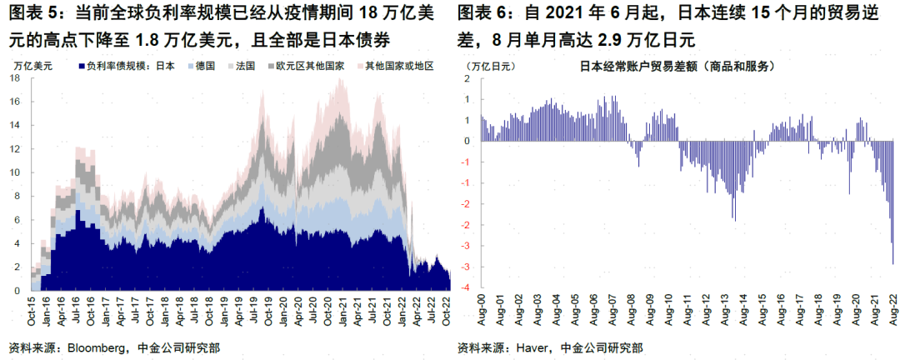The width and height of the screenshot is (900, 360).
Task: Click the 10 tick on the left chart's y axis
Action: click(14, 172)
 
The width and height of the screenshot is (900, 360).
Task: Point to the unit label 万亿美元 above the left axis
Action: click(32, 65)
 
